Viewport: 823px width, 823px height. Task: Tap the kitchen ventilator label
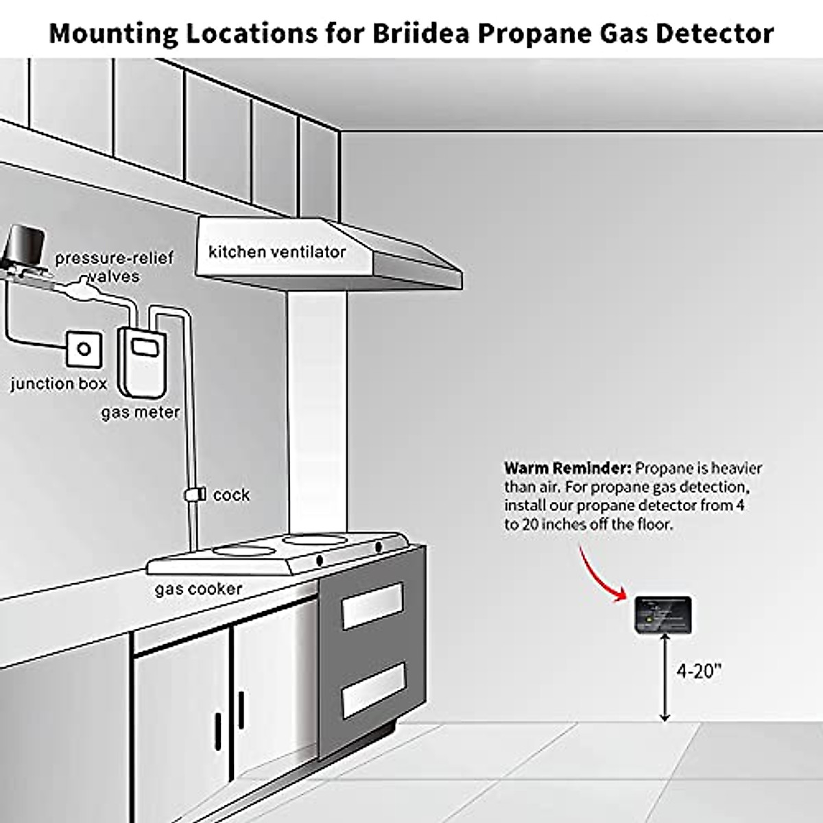[277, 252]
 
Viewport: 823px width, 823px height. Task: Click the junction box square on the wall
[84, 348]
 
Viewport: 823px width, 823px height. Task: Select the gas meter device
[142, 360]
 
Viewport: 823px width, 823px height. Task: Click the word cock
[231, 494]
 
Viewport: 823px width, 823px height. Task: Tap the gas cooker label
[198, 588]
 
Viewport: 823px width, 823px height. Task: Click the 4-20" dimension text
[700, 670]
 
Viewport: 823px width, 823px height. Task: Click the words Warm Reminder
[567, 468]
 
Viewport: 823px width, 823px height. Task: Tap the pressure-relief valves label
[114, 267]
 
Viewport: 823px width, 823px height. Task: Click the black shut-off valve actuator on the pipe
[25, 248]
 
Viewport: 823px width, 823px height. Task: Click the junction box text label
[59, 383]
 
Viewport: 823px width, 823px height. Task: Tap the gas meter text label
[141, 412]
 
